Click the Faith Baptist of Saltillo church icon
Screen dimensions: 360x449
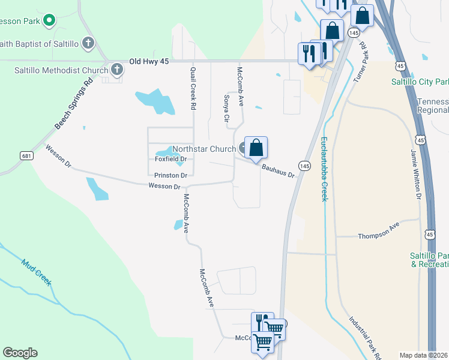tap(88, 43)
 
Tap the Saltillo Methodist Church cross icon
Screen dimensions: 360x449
tap(116, 70)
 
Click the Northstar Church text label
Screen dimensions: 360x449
tap(203, 149)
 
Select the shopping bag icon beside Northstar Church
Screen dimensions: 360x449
tap(256, 148)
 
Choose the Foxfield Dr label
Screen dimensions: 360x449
tap(171, 159)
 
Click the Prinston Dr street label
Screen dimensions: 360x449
tap(171, 175)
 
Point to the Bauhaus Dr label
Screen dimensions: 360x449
tap(278, 172)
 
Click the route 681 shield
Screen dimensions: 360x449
tap(26, 156)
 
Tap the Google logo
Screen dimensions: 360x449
tap(20, 353)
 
